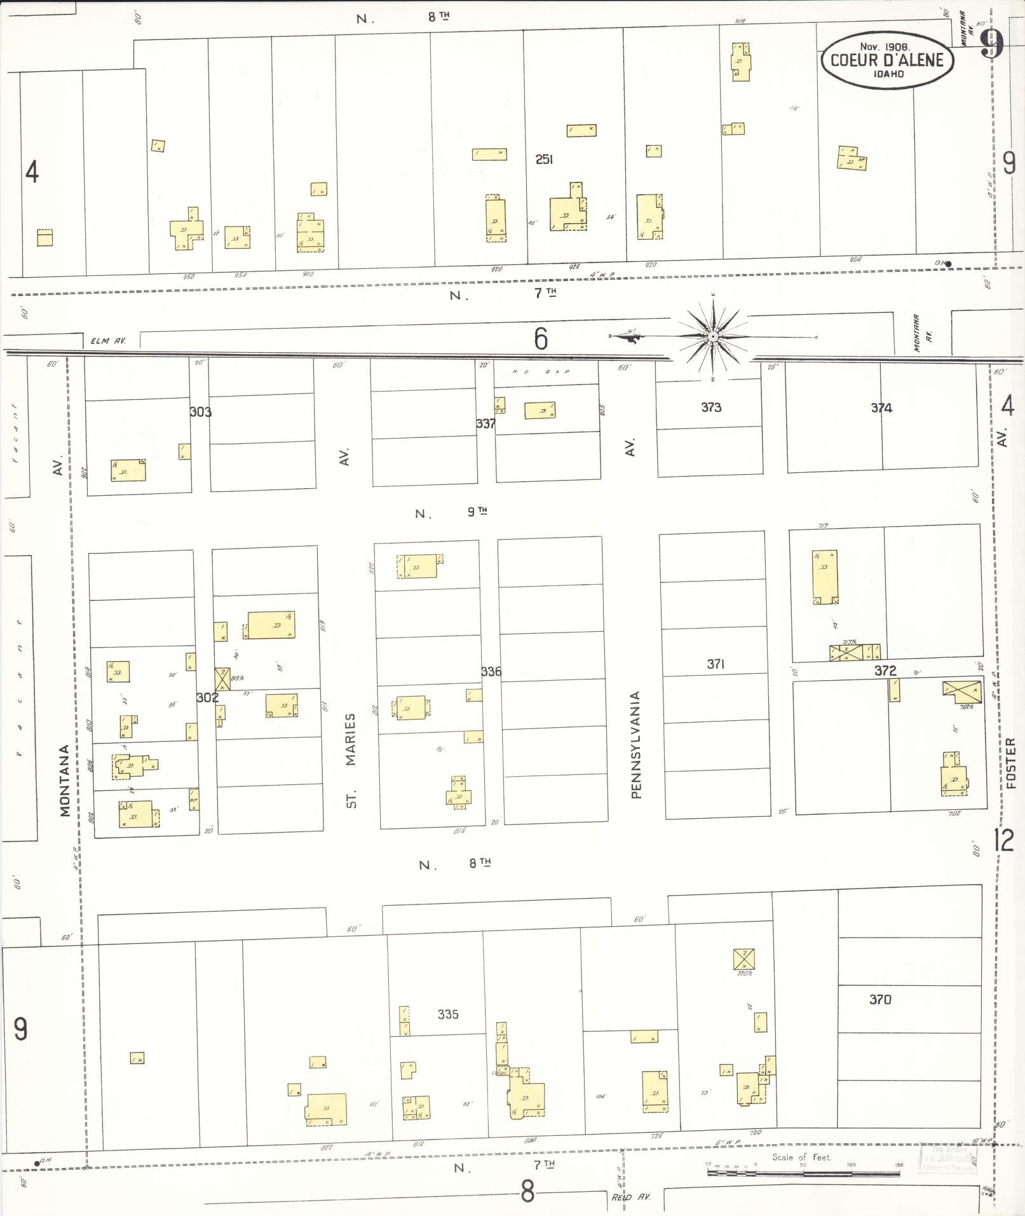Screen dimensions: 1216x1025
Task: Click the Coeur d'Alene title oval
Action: point(886,60)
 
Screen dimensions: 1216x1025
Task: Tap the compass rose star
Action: point(712,336)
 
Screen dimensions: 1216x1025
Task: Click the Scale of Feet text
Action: point(801,1157)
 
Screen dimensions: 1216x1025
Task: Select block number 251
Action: point(544,160)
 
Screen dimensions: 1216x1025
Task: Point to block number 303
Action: point(200,412)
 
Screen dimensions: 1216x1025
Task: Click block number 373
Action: point(710,407)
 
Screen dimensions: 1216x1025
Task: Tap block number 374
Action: point(881,408)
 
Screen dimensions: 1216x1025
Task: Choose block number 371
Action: point(716,664)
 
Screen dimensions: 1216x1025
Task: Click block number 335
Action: point(448,1014)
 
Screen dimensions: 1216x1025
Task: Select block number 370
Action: point(880,1000)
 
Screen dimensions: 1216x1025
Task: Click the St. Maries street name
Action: point(351,760)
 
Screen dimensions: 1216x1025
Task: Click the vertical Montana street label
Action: point(65,780)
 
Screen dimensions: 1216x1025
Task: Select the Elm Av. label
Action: point(109,341)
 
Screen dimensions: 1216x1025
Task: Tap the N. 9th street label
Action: point(451,513)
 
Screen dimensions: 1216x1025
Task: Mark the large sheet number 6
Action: point(540,339)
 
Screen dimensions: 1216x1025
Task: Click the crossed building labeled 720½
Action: point(743,959)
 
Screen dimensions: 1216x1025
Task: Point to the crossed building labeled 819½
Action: point(222,679)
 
